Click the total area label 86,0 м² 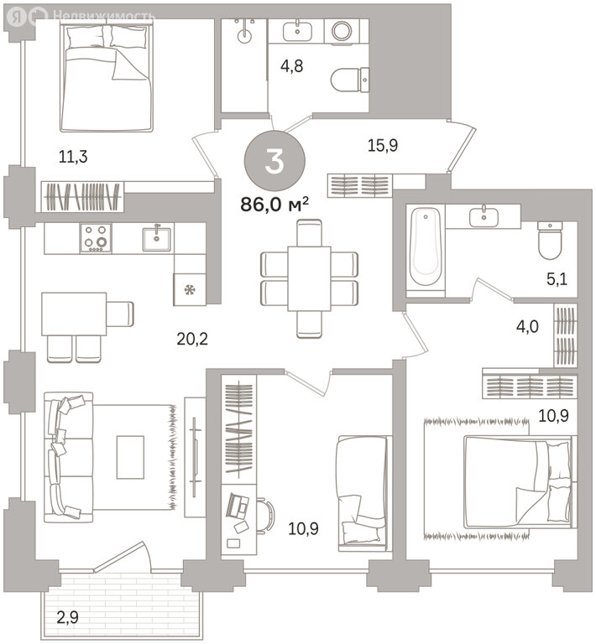[274, 204]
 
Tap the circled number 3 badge [274, 161]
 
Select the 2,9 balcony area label [67, 617]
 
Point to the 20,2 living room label [192, 339]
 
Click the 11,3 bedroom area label [73, 157]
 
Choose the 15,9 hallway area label [382, 145]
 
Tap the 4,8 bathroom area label [291, 65]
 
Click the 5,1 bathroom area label [557, 279]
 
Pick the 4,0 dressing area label [527, 327]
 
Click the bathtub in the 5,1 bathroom [426, 247]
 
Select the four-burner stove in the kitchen [96, 238]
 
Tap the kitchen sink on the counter [157, 239]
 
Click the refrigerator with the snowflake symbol [190, 290]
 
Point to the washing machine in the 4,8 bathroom [342, 30]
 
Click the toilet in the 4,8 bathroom [350, 80]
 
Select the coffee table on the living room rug [130, 457]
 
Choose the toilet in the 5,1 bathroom [550, 241]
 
